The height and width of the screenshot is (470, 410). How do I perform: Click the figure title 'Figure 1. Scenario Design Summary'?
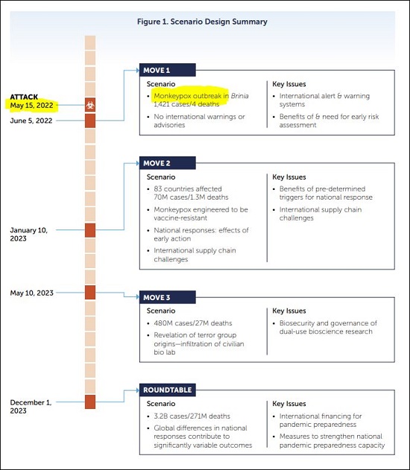point(203,22)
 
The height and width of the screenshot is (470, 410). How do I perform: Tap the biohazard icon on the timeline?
point(90,105)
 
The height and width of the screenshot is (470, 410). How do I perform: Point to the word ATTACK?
point(25,97)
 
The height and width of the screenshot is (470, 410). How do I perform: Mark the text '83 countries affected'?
point(189,188)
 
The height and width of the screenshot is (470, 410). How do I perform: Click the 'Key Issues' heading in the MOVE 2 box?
point(289,177)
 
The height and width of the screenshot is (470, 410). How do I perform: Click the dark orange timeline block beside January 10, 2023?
point(90,230)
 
